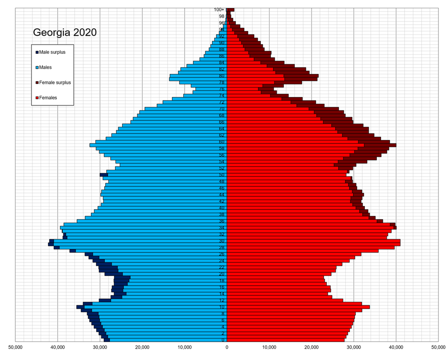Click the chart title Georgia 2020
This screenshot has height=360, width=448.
(65, 33)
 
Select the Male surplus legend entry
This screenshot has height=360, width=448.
(52, 52)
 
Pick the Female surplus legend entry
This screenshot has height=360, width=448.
(55, 82)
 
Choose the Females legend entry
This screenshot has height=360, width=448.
(48, 98)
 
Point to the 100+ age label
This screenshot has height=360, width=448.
(219, 10)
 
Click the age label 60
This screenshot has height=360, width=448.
(222, 142)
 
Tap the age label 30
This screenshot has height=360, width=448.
(222, 241)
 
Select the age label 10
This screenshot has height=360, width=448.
(222, 307)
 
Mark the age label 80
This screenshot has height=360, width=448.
(222, 76)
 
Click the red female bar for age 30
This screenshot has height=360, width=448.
(313, 241)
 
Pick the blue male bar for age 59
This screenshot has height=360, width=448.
(157, 145)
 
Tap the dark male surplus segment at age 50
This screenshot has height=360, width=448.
(104, 175)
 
